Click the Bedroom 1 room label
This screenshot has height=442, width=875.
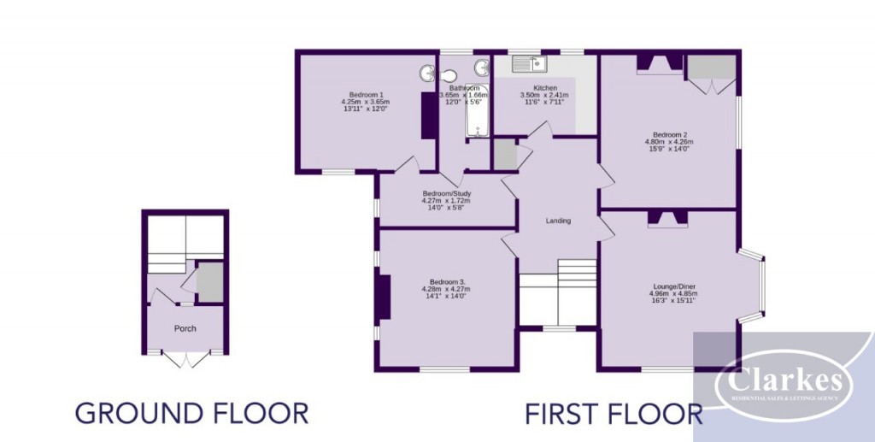tap(366, 94)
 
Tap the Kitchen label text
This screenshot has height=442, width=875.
tap(545, 88)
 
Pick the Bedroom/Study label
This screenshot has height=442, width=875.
tap(447, 193)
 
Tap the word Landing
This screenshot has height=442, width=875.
tap(558, 221)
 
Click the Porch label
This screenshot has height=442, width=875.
tap(185, 328)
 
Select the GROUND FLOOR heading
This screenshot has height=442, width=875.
tap(191, 414)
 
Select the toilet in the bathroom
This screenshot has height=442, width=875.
tap(426, 74)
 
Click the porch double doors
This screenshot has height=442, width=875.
tap(185, 359)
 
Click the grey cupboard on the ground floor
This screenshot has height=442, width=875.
tap(210, 280)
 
